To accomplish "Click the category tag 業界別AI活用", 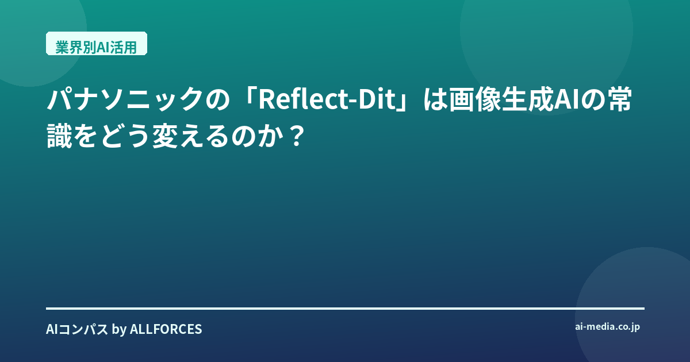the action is [x=97, y=44].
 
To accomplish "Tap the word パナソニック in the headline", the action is [x=125, y=100].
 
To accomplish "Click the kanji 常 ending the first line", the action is [x=619, y=100].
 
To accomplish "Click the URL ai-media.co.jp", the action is [x=607, y=327].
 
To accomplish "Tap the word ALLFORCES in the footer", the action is [x=166, y=329].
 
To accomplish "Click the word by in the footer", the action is [x=119, y=330].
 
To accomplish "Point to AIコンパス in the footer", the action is [x=77, y=329].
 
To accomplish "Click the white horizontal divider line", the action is [x=346, y=309].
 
